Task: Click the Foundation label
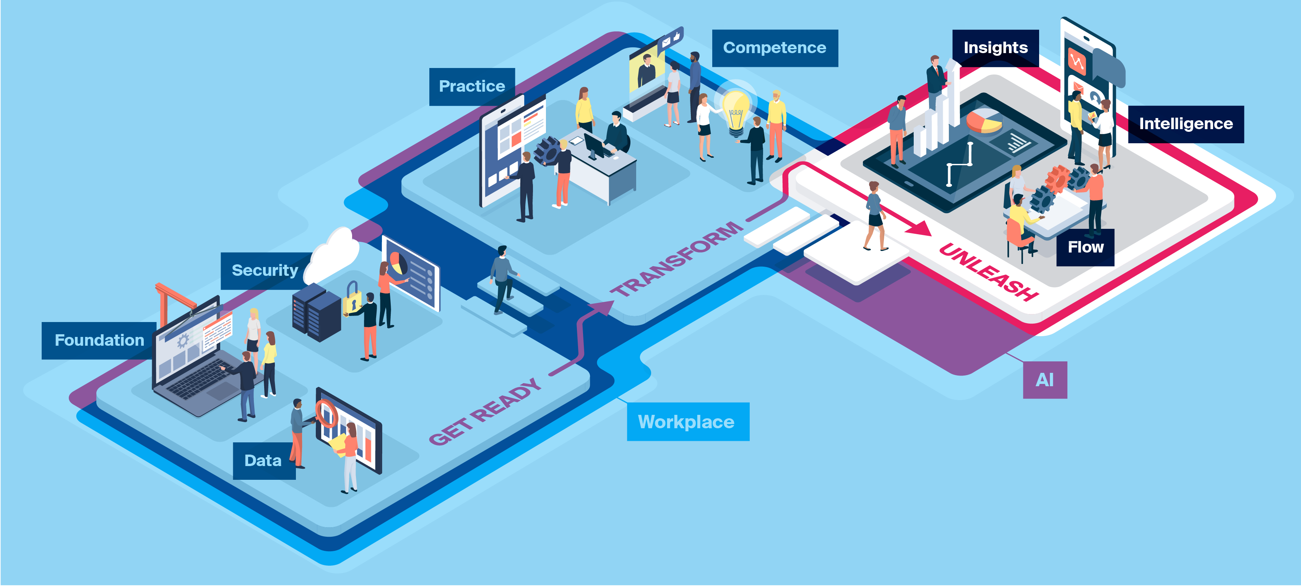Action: coord(99,340)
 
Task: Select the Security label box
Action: coord(265,270)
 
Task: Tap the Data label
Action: coord(263,460)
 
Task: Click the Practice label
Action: coord(472,86)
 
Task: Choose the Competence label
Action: coord(774,48)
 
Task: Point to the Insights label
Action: coord(995,48)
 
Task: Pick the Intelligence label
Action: coord(1185,124)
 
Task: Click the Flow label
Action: coord(1085,247)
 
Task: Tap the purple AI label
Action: coord(1044,380)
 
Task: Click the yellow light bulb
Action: coord(735,111)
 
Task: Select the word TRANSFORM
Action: coord(677,258)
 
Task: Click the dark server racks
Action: coord(316,313)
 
